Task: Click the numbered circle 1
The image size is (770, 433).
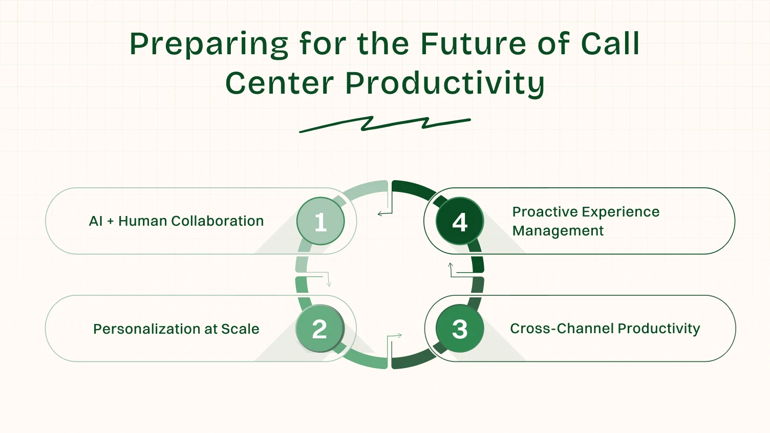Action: point(320,221)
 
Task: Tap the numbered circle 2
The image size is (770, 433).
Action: point(319,329)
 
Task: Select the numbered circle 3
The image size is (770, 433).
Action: point(460,329)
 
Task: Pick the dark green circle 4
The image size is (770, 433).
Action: point(460,221)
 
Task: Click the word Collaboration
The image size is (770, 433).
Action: point(217,221)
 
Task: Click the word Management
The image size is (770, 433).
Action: point(558,231)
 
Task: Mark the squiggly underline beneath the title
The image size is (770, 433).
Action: point(384,124)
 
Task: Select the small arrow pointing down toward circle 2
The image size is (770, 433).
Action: point(329,283)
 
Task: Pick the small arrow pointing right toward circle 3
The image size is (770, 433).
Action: point(398,336)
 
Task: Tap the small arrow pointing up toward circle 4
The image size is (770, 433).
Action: point(451,266)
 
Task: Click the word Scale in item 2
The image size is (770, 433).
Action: point(240,329)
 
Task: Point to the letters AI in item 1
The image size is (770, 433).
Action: point(96,221)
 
